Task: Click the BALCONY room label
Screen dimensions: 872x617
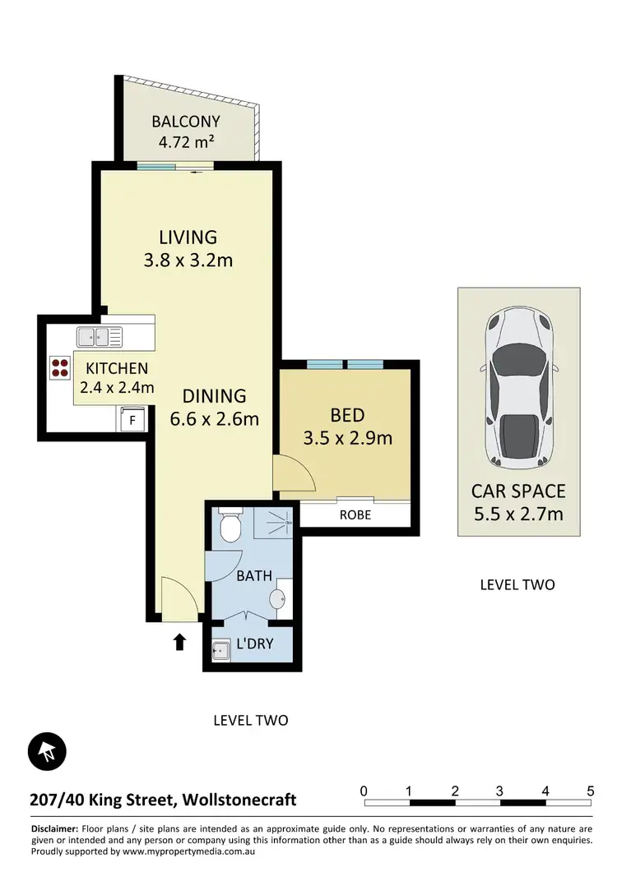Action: [x=186, y=122]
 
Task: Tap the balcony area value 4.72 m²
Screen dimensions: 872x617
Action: [x=186, y=141]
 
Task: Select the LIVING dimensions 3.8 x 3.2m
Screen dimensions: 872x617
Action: [x=188, y=261]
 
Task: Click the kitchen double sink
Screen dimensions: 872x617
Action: [x=100, y=335]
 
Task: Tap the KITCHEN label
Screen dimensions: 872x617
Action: [x=117, y=369]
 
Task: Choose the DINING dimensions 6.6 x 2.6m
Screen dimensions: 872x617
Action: [x=214, y=418]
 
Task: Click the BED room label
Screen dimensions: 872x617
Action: [x=346, y=415]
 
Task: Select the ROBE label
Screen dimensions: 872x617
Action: [x=355, y=515]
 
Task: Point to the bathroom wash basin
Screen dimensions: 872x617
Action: [x=280, y=597]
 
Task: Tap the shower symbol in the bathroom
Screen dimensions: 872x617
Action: [x=277, y=521]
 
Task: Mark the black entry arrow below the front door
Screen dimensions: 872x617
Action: [x=179, y=641]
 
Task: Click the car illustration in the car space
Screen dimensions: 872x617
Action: [x=519, y=387]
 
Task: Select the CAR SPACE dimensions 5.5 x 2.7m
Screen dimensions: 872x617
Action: [x=518, y=514]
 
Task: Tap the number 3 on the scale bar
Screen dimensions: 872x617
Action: [x=499, y=791]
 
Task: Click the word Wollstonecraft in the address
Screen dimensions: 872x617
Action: [x=239, y=799]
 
